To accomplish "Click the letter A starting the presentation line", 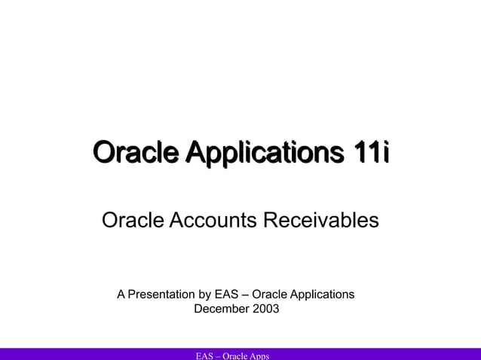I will [x=121, y=294].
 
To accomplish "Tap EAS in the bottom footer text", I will [x=204, y=355].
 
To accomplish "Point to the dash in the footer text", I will [x=218, y=355].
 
